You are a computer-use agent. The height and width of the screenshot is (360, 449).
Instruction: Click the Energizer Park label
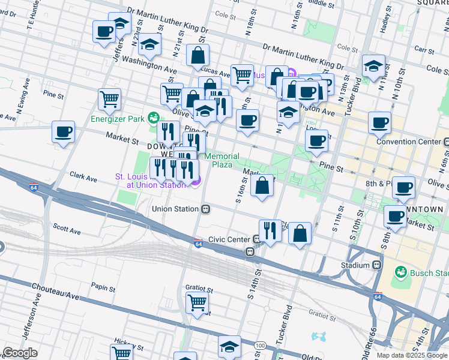(118, 118)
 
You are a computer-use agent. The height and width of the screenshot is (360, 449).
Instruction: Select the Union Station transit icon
(205, 209)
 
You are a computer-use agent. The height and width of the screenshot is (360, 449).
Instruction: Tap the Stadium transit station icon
(377, 265)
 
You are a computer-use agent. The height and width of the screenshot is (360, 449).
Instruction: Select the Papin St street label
(103, 289)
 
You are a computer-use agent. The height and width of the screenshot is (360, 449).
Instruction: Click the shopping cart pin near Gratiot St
(197, 302)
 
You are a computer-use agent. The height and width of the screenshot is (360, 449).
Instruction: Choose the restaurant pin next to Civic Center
(270, 230)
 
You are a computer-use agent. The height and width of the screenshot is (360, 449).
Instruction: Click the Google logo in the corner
(20, 353)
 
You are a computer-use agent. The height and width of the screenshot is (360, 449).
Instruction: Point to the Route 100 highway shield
(260, 346)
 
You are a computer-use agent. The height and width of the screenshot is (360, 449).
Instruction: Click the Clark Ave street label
(83, 178)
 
